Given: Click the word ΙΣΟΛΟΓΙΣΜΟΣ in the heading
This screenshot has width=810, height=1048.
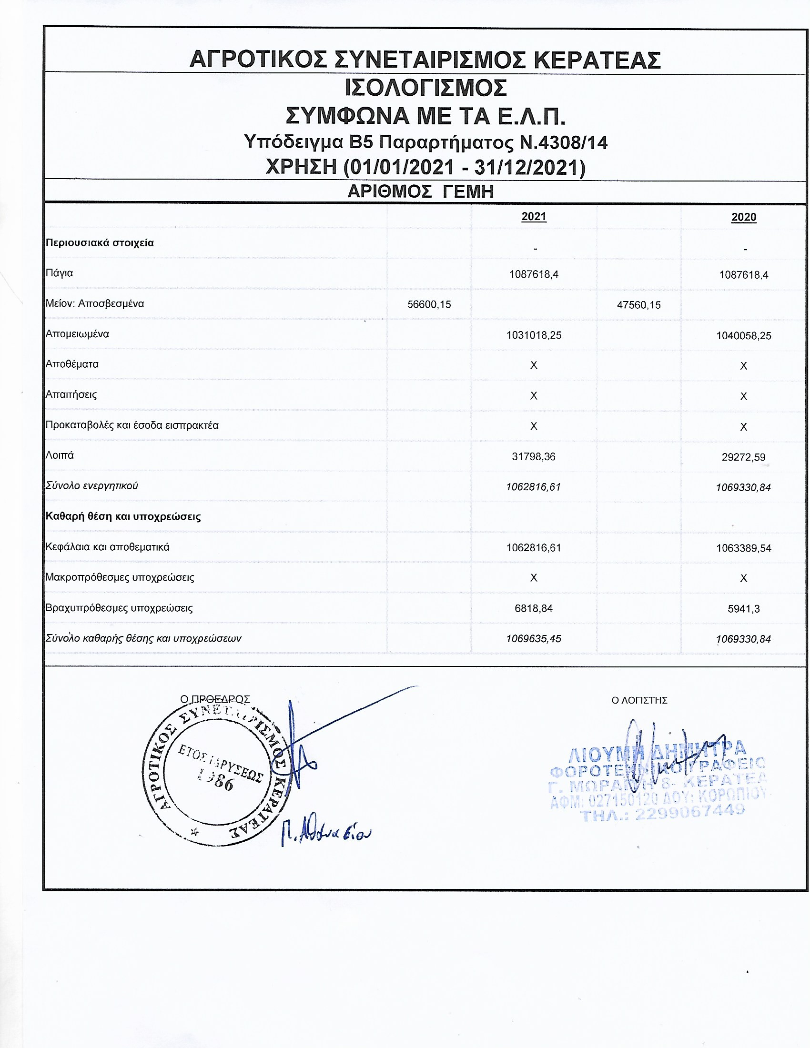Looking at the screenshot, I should click(425, 88).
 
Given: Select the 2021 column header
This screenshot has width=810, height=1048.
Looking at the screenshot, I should click(534, 216).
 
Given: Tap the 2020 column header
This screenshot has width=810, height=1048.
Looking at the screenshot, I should click(743, 217).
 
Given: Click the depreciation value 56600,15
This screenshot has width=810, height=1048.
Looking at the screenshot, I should click(429, 304).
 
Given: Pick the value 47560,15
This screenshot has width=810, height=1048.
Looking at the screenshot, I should click(638, 305).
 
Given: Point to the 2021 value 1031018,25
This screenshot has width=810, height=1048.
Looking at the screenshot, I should click(534, 335).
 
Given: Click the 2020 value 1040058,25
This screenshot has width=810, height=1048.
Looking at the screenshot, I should click(743, 336).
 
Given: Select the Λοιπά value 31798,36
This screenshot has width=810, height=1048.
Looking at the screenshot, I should click(534, 456).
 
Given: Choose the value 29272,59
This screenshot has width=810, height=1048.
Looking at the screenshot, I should click(743, 457).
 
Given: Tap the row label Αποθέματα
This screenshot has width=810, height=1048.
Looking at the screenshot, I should click(72, 364).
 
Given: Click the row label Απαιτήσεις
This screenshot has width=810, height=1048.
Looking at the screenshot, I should click(71, 395).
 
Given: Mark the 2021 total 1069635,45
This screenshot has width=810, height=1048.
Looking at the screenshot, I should click(534, 639).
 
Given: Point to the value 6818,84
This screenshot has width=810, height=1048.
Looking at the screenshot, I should click(534, 608).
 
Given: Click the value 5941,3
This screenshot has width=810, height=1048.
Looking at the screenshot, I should click(743, 609).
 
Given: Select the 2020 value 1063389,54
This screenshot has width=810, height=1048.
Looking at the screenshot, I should click(743, 548).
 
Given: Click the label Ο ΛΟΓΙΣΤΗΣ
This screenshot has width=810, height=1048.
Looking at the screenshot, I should click(639, 701).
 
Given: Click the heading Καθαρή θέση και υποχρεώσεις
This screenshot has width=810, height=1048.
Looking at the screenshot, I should click(123, 517).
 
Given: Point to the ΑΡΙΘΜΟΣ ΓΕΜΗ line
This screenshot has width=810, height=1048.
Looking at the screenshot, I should click(420, 191).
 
